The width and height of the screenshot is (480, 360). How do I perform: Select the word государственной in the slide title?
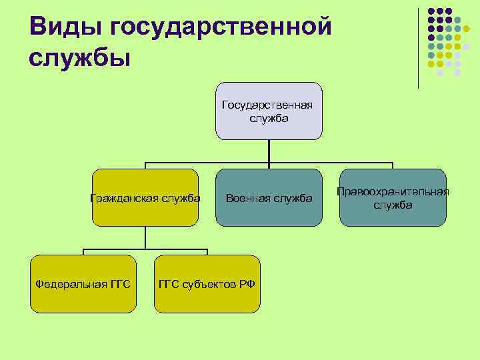221,27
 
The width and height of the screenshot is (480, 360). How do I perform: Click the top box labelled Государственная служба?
269,111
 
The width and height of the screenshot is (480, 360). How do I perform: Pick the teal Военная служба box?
269,197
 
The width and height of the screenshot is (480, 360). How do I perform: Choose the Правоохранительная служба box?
393,197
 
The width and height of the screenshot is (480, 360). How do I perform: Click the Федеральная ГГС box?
83,284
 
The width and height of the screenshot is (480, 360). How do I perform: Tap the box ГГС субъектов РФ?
207,284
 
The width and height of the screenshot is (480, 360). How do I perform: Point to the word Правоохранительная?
393,191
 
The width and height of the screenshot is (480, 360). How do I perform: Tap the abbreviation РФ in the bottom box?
247,285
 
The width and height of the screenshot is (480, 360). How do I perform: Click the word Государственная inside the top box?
269,105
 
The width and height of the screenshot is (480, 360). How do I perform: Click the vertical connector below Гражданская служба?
145,237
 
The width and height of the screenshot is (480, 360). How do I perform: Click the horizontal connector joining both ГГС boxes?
145,249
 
